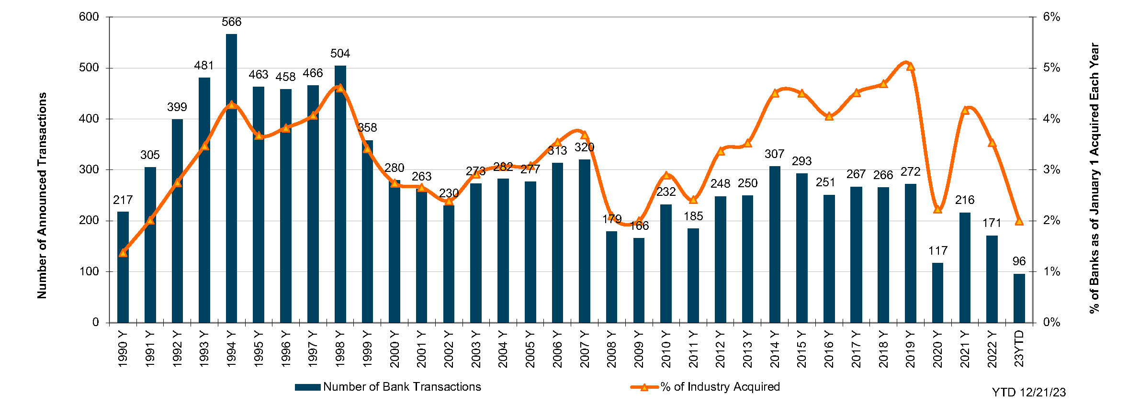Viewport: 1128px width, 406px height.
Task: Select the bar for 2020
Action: pos(937,293)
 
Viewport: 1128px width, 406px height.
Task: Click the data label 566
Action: pos(231,22)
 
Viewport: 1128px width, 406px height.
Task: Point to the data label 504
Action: pos(340,54)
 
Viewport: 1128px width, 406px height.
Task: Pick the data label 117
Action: pos(937,251)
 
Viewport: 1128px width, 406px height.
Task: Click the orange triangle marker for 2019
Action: pos(911,67)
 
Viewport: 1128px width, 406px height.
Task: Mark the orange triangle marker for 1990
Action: pos(123,253)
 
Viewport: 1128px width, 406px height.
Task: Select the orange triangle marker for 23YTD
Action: pos(1019,221)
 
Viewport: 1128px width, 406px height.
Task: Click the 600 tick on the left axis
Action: pos(89,17)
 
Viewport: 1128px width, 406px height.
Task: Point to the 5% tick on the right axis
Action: pos(1051,68)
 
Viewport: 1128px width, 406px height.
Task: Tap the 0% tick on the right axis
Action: pos(1051,323)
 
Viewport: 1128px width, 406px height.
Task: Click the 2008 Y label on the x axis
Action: pos(611,349)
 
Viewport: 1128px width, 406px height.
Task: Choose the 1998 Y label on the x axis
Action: pos(340,349)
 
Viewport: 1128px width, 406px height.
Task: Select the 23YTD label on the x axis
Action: pos(1019,349)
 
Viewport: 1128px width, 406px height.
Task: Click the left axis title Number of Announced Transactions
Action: pos(42,195)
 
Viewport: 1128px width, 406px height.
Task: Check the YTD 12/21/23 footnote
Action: pos(1028,393)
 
